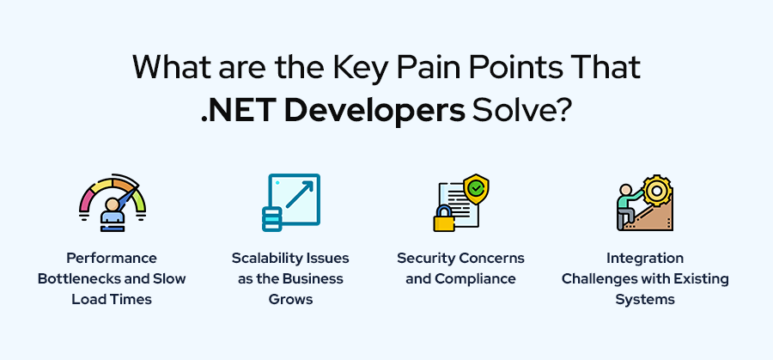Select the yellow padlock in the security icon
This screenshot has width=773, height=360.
[x=444, y=219]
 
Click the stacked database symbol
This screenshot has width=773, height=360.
[x=272, y=218]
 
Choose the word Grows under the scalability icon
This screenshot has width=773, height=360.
[x=289, y=299]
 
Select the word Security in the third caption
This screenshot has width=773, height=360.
[x=426, y=258]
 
